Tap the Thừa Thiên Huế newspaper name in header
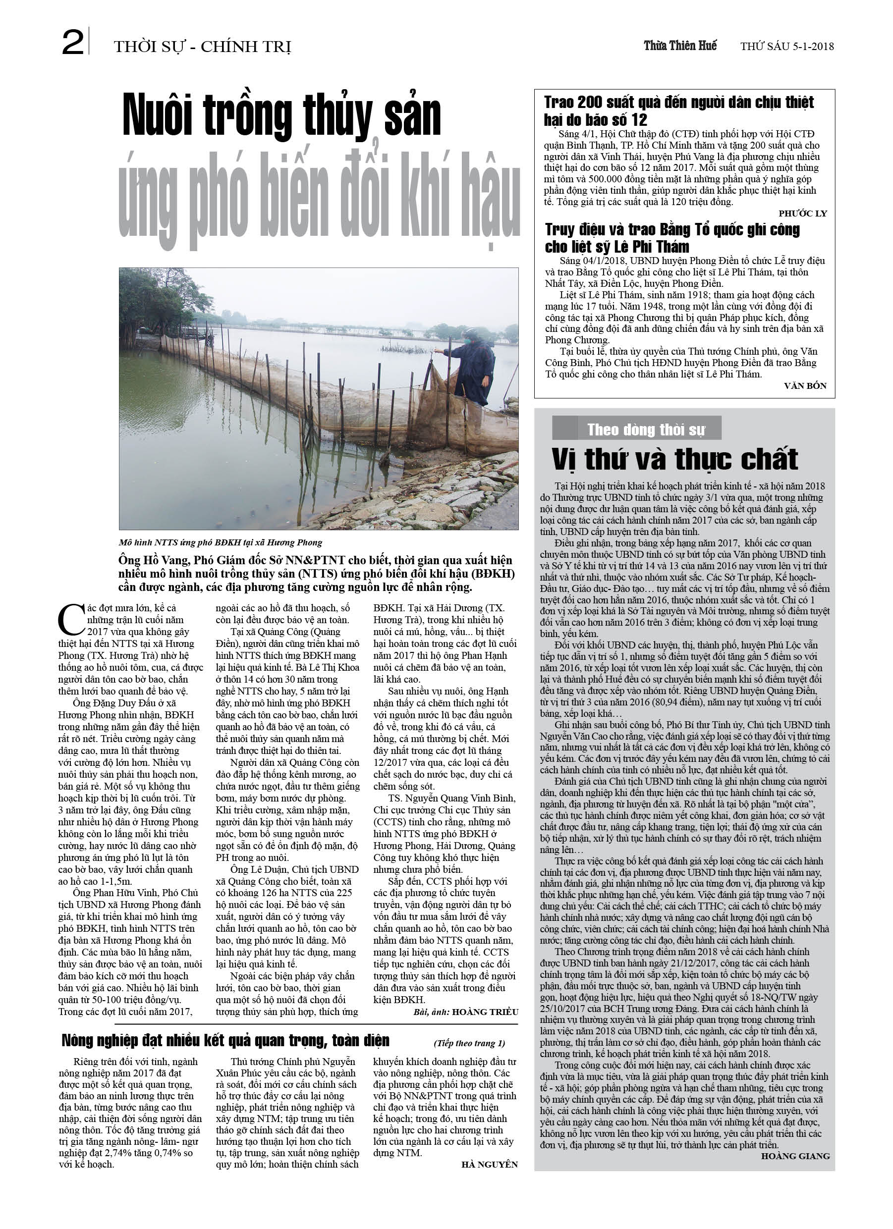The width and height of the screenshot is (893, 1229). [680, 46]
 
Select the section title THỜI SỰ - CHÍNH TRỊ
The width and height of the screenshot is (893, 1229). [202, 47]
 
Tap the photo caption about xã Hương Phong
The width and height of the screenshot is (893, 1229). [221, 542]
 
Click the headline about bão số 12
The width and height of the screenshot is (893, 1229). [679, 110]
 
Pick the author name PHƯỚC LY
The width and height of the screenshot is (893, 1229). [802, 214]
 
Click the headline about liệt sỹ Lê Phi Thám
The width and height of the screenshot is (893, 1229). [672, 238]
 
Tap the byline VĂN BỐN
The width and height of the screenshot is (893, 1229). [805, 386]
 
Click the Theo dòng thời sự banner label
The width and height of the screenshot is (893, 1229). [646, 429]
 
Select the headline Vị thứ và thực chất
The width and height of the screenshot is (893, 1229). [674, 459]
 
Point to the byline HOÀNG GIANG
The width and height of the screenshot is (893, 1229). [795, 1155]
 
